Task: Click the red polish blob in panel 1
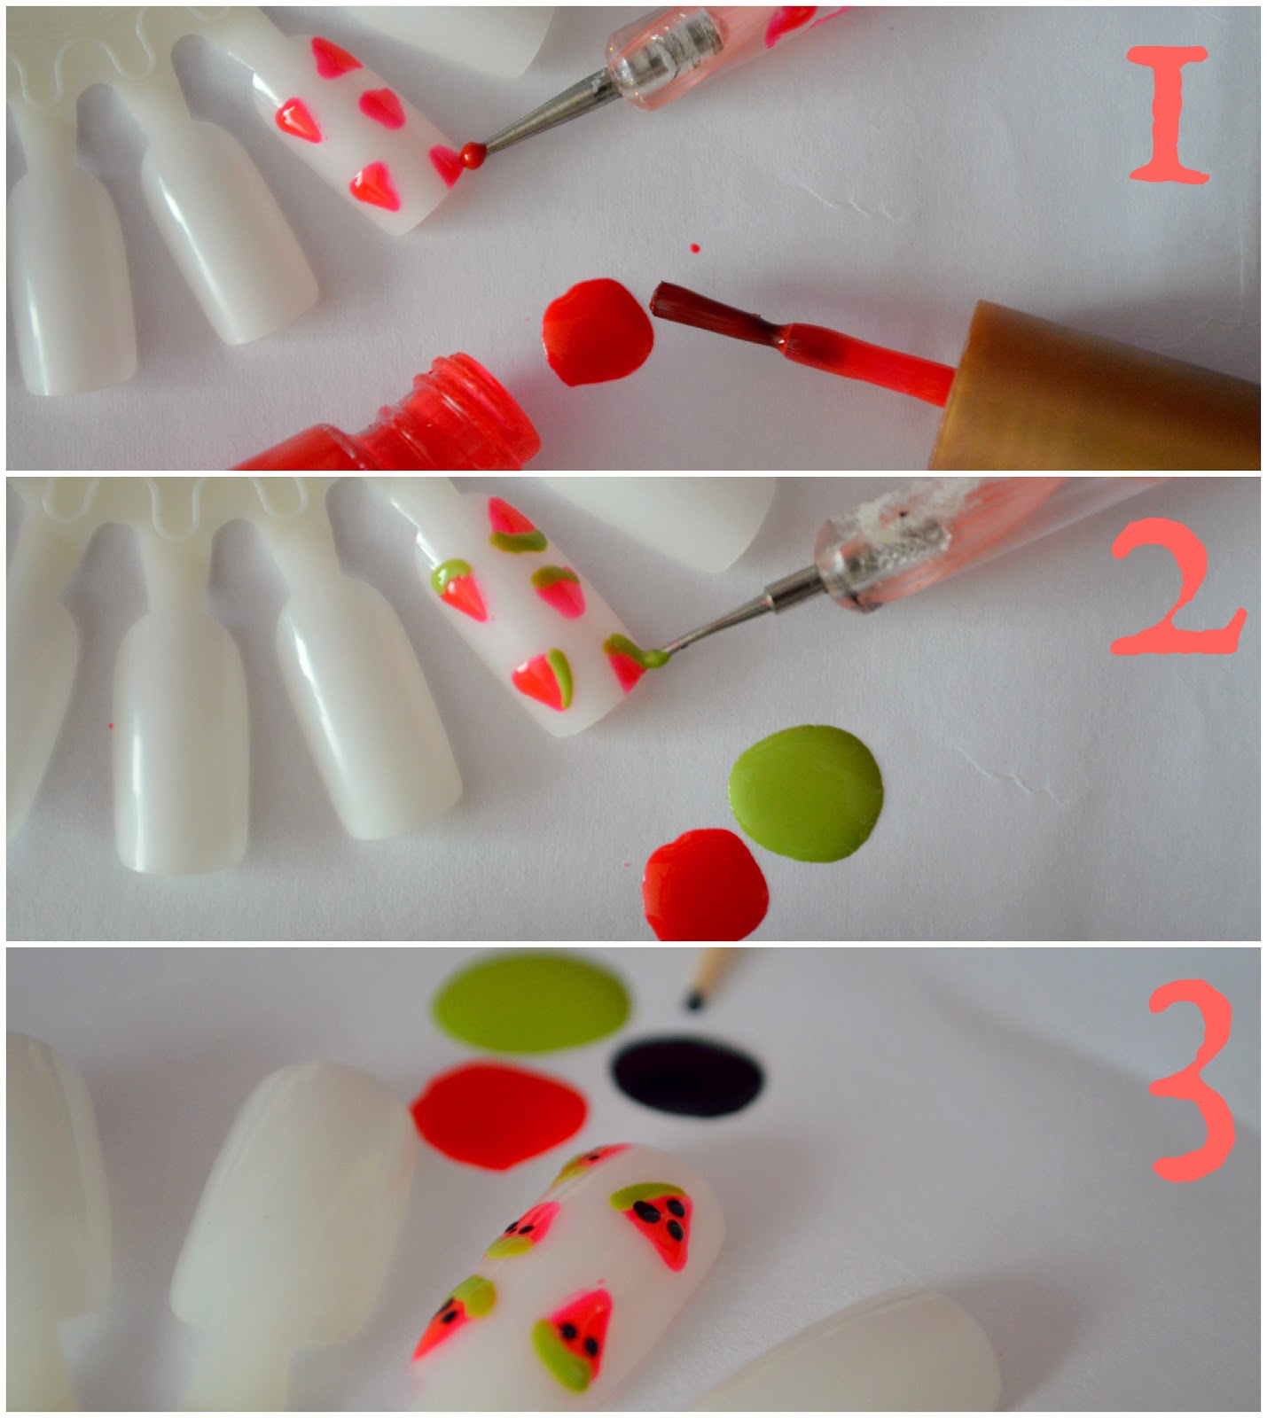597,331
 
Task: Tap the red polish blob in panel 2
706,884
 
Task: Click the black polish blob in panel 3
687,1076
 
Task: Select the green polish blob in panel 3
530,1001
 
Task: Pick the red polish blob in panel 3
498,1117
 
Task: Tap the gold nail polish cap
1096,385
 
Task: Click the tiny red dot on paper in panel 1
694,248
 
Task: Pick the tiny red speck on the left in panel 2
112,726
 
